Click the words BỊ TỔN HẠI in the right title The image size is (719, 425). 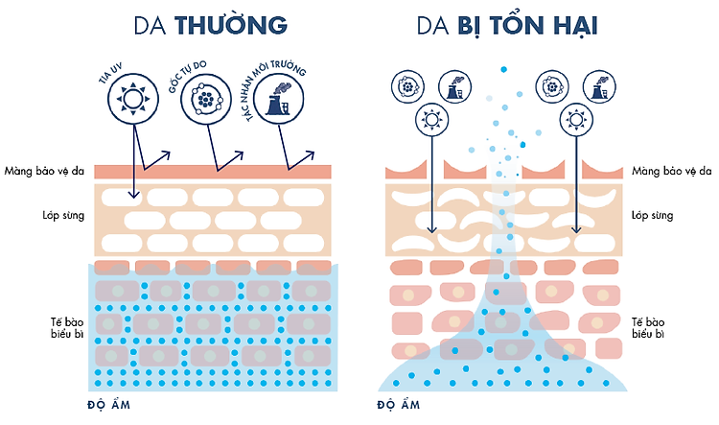pyautogui.click(x=528, y=25)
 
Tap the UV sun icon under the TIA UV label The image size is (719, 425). pyautogui.click(x=133, y=99)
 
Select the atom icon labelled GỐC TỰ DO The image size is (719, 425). pyautogui.click(x=205, y=99)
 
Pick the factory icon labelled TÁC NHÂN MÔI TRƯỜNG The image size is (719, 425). pyautogui.click(x=278, y=99)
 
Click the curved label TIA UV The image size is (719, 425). pyautogui.click(x=110, y=74)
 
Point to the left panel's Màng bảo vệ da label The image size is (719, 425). pyautogui.click(x=44, y=171)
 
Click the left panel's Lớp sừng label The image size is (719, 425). pyautogui.click(x=63, y=215)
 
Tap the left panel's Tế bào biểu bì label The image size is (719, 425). pyautogui.click(x=67, y=327)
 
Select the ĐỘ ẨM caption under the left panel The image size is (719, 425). pyautogui.click(x=108, y=404)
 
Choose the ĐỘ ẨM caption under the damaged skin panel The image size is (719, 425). pyautogui.click(x=399, y=404)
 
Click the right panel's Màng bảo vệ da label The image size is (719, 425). pyautogui.click(x=672, y=171)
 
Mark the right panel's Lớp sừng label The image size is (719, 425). pyautogui.click(x=653, y=215)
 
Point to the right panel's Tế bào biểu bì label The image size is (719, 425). pyautogui.click(x=648, y=327)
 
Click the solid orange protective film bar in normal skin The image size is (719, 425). pyautogui.click(x=213, y=172)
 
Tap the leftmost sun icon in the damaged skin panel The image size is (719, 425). pyautogui.click(x=431, y=120)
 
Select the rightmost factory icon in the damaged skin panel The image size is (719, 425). pyautogui.click(x=599, y=86)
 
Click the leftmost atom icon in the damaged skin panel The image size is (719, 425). pyautogui.click(x=407, y=86)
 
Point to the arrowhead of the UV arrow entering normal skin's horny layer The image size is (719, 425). pyautogui.click(x=134, y=194)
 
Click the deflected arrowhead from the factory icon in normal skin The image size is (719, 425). pyautogui.click(x=310, y=155)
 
